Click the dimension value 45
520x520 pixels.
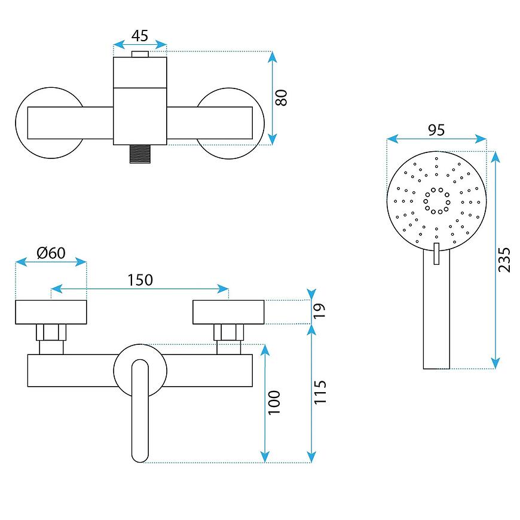click(x=139, y=35)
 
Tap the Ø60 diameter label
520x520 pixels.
click(x=51, y=253)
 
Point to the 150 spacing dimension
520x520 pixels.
click(x=140, y=279)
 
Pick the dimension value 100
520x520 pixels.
click(x=274, y=403)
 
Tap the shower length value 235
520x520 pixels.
click(x=505, y=259)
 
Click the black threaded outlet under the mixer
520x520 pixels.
click(x=140, y=154)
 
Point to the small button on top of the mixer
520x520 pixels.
click(x=140, y=55)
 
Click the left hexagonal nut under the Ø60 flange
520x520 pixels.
click(x=51, y=332)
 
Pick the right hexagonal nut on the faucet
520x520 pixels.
click(x=229, y=332)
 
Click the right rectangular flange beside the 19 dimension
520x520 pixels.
click(x=228, y=311)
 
